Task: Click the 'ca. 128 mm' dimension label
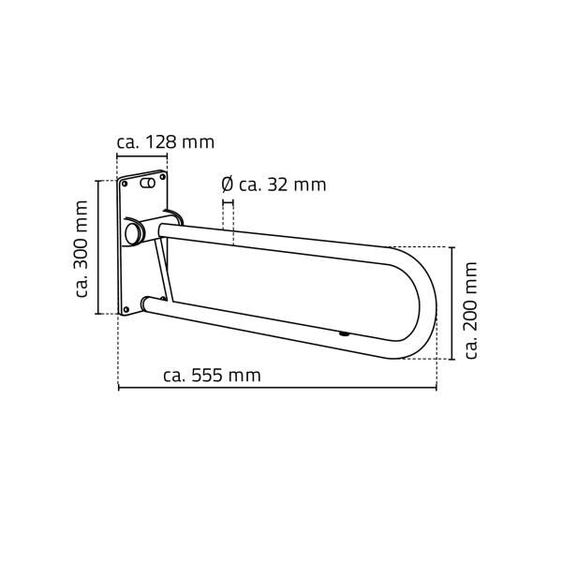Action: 165,142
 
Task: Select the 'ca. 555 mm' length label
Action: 212,376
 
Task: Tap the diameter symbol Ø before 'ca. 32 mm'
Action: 227,185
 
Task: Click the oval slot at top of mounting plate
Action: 147,185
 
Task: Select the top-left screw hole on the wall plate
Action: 125,185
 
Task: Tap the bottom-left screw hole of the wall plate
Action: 126,310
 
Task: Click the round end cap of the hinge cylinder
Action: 133,231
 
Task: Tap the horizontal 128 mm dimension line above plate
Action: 140,157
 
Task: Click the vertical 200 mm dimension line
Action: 452,303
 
